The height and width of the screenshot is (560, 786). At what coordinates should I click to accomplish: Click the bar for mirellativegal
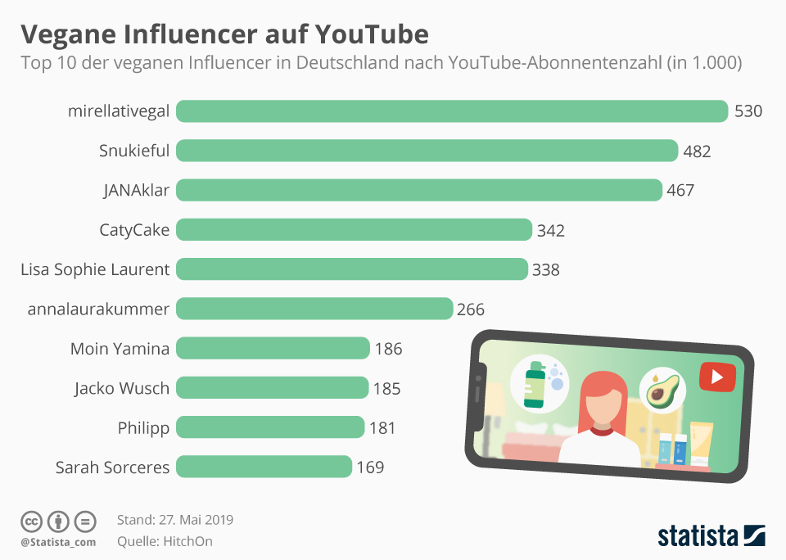pyautogui.click(x=452, y=111)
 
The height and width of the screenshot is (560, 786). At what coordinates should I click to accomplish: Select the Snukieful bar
pyautogui.click(x=427, y=151)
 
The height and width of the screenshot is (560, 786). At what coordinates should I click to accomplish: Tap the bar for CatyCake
pyautogui.click(x=354, y=230)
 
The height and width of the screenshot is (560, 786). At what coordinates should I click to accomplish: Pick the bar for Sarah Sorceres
pyautogui.click(x=264, y=467)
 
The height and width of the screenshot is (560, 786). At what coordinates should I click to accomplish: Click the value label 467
pyautogui.click(x=680, y=191)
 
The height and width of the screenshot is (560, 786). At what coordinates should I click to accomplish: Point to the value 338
pyautogui.click(x=546, y=269)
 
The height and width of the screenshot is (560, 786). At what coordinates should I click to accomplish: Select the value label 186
pyautogui.click(x=388, y=349)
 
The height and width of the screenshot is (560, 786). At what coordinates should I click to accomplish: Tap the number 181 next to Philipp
pyautogui.click(x=382, y=428)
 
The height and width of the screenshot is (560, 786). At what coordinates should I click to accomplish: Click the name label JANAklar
pyautogui.click(x=136, y=191)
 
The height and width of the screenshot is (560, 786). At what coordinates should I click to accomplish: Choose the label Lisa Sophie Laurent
pyautogui.click(x=95, y=269)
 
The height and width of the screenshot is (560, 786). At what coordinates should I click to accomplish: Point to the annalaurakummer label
pyautogui.click(x=98, y=309)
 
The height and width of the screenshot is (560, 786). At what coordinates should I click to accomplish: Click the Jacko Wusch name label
pyautogui.click(x=121, y=388)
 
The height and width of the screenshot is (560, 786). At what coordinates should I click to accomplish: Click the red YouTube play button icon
pyautogui.click(x=717, y=377)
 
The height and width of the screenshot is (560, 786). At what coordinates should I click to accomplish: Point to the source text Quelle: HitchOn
pyautogui.click(x=165, y=540)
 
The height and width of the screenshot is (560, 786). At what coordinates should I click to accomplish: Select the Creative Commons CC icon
pyautogui.click(x=31, y=521)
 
